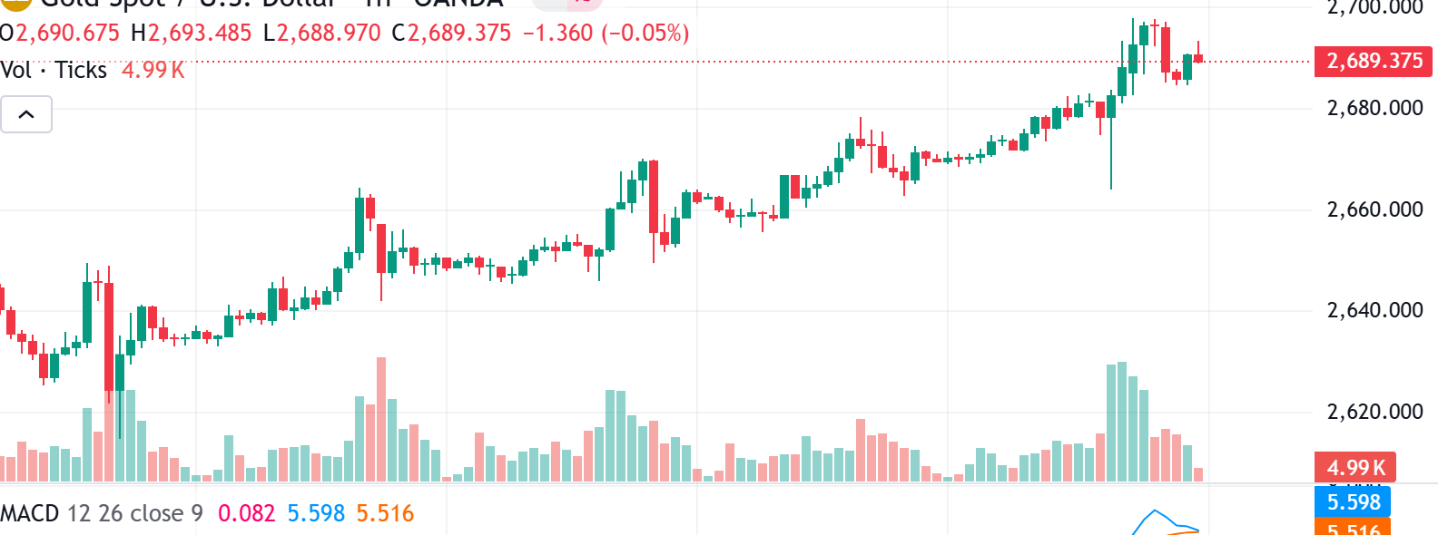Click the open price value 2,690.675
pos(67,34)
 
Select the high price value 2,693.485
pos(200,34)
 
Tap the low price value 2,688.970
pos(329,34)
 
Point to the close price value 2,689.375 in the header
pos(459,34)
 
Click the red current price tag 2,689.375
pos(1374,62)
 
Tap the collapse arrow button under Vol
pos(26,115)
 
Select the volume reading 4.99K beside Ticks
pos(153,71)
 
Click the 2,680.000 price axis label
pos(1374,109)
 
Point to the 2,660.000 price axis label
pos(1374,210)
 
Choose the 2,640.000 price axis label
pos(1374,311)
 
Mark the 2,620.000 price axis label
pos(1374,413)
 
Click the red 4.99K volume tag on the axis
pos(1355,468)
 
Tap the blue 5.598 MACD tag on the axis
pos(1353,502)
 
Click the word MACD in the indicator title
pos(30,514)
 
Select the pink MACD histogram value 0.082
pos(246,514)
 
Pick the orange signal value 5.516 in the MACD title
pos(385,514)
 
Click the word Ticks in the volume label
pos(81,71)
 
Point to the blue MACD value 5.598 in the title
pos(316,514)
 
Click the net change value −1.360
pos(557,34)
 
